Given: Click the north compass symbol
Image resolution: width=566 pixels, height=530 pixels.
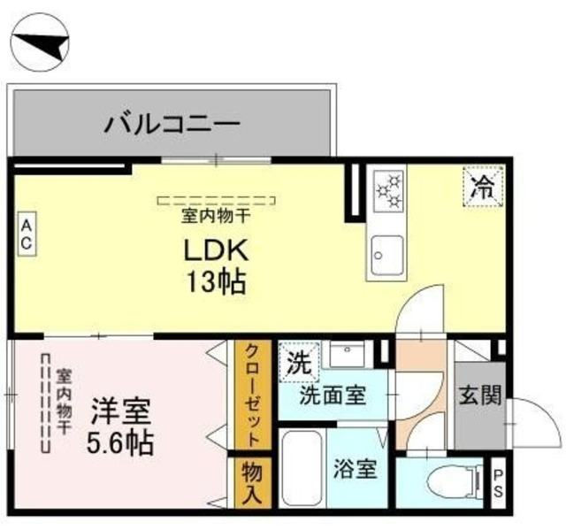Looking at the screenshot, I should coord(40,42).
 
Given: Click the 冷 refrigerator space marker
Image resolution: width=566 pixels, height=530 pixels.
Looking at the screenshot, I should coord(481,187).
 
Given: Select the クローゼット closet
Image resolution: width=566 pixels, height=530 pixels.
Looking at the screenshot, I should coord(252,395).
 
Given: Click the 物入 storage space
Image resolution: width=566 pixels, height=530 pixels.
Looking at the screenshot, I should coord(251,483).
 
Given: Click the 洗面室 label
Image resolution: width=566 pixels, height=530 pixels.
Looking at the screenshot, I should coord(333,396).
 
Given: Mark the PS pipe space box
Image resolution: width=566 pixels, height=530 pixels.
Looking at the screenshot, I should coord(498,482).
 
